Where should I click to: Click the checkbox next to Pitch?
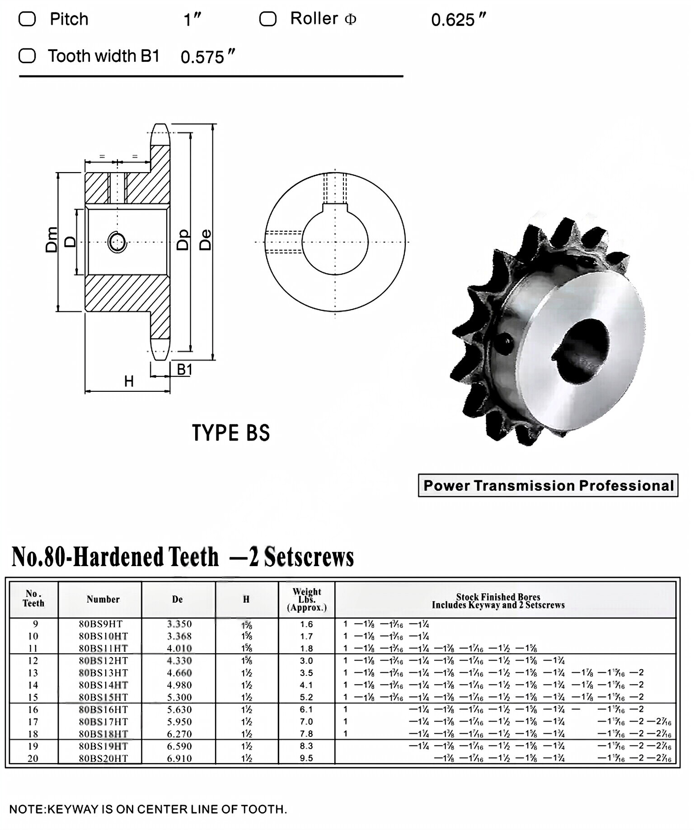[x=27, y=19]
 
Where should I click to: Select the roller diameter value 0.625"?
[x=458, y=20]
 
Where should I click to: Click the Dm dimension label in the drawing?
[x=52, y=239]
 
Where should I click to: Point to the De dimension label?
[x=205, y=240]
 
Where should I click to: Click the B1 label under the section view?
[x=184, y=370]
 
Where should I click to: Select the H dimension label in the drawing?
[x=129, y=382]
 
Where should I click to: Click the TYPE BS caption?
[x=231, y=433]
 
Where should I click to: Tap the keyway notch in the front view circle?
[x=335, y=207]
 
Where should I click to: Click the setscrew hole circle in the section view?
[x=117, y=243]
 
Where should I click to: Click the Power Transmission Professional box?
[x=548, y=485]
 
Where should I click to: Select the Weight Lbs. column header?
[x=306, y=600]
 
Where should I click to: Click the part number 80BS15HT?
[x=103, y=697]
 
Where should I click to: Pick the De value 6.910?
[x=179, y=758]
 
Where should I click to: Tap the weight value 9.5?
[x=306, y=758]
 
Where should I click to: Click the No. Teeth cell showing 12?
[x=33, y=661]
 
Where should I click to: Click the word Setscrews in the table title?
[x=309, y=557]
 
